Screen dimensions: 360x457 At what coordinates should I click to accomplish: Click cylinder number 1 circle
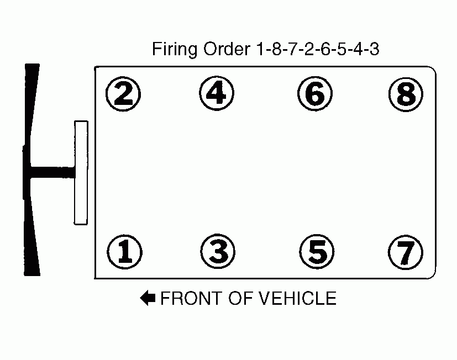coord(124,252)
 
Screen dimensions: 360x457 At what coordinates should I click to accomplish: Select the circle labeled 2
coord(124,94)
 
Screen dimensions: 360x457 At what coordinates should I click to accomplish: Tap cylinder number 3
coord(218,252)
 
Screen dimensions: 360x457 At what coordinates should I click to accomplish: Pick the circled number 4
coord(216,93)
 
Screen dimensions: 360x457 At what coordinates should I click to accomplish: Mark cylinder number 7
coord(406,252)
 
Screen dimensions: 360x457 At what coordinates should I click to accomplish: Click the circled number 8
coord(406,94)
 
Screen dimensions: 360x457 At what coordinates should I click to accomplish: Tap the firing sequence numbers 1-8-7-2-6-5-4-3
coord(317,50)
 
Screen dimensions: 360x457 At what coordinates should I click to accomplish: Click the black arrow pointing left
coord(148,299)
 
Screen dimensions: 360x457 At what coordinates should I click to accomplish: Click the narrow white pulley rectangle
coord(81,172)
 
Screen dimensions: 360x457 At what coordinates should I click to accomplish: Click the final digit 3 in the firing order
coord(374,50)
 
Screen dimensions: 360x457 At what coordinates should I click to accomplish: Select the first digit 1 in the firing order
coord(259,50)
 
